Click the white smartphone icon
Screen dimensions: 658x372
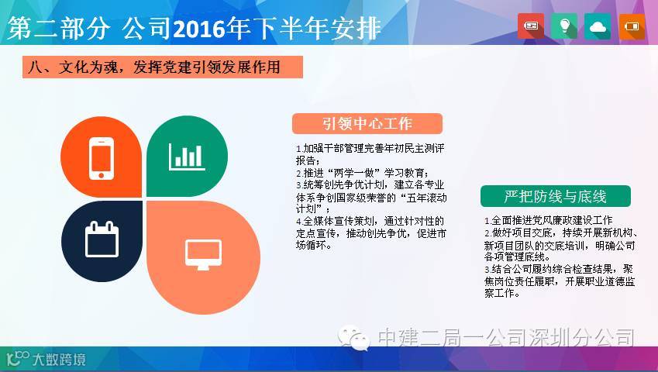click(101, 159)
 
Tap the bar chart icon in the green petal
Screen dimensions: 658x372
click(187, 157)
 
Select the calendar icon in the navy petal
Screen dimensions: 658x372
click(102, 239)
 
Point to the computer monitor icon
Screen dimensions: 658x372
click(204, 254)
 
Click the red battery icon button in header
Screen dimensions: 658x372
click(531, 26)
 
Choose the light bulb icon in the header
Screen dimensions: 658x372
click(564, 26)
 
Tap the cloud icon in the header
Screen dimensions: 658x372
click(598, 26)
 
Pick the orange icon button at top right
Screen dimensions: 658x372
click(632, 26)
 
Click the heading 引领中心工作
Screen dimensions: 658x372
click(367, 124)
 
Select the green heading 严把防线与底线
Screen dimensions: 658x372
click(555, 196)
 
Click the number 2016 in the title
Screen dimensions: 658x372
click(198, 29)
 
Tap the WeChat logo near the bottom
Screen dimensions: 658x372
click(353, 337)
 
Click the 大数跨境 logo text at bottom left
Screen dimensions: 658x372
click(59, 360)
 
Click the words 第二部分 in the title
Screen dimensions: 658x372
click(58, 29)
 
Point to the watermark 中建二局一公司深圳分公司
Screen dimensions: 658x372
click(506, 337)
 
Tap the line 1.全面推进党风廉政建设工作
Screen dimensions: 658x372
click(548, 220)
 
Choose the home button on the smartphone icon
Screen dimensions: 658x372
click(101, 175)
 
